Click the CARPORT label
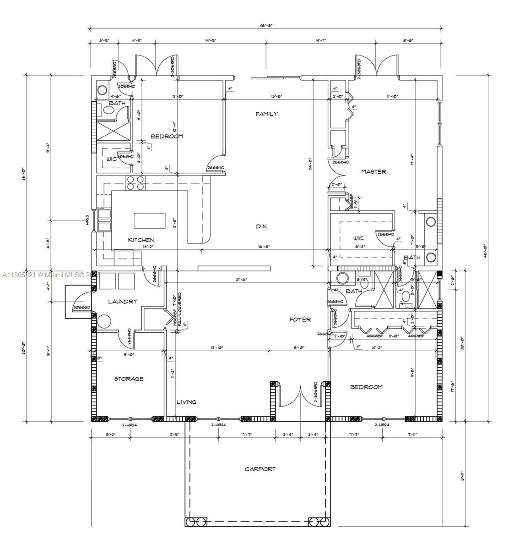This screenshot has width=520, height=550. point(260,469)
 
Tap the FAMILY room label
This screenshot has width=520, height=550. point(266,114)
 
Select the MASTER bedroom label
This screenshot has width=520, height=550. point(374,171)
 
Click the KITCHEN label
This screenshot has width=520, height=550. point(141,240)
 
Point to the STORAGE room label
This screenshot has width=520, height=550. point(129,379)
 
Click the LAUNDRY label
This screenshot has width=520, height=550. point(122,301)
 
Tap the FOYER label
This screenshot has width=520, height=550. point(300,319)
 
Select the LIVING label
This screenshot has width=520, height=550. point(187,402)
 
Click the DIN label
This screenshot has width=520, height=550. point(261,226)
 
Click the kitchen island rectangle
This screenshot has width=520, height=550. point(150,220)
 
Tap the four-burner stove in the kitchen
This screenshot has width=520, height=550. point(135,183)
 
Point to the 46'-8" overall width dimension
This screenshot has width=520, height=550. point(266,26)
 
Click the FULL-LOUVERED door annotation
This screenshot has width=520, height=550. point(179,309)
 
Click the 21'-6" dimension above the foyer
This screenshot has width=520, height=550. point(243,280)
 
